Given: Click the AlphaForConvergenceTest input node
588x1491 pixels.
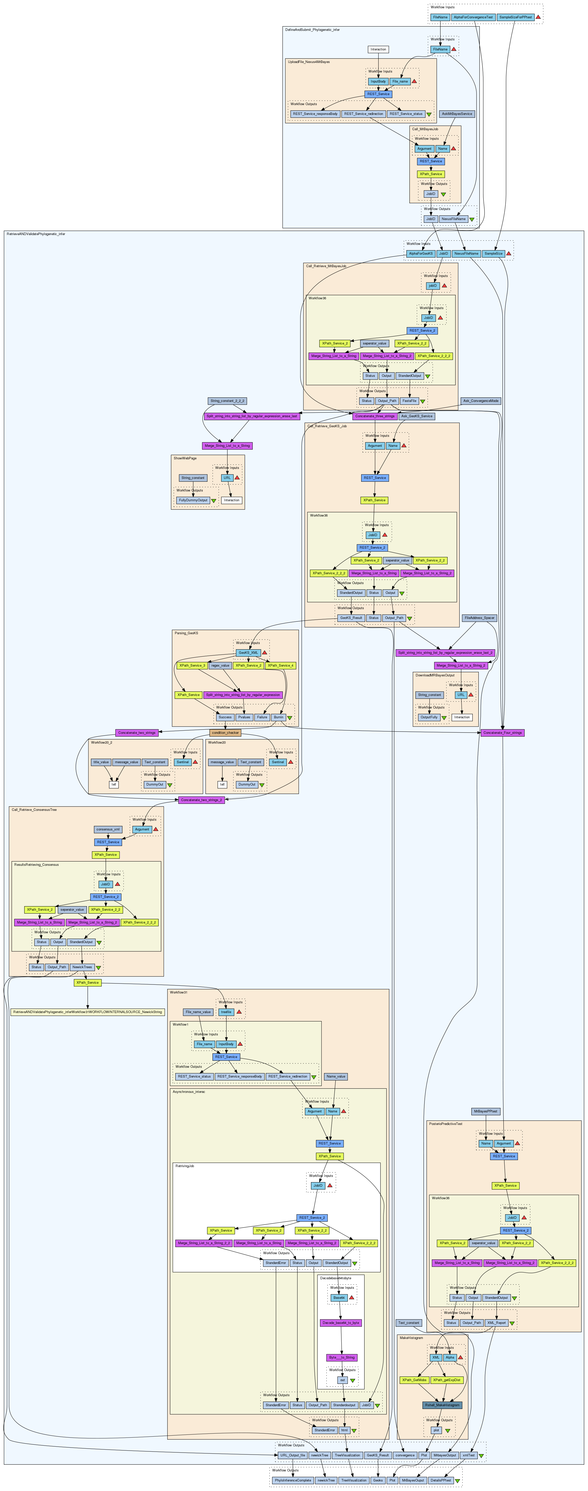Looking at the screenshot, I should point(473,17).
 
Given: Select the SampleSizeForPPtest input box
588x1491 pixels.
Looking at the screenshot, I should point(515,17).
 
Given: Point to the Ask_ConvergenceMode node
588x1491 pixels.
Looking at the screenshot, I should point(481,400).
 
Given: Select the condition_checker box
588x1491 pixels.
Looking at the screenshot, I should point(225,733).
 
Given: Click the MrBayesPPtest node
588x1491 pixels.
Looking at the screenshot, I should point(486,1111).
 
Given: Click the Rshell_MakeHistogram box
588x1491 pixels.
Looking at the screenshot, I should point(442,1405).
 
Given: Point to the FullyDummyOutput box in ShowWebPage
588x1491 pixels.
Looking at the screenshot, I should point(193,500).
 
